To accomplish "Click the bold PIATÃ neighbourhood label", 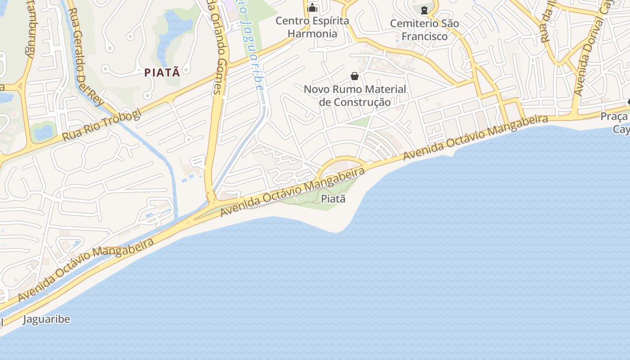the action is click(162, 72).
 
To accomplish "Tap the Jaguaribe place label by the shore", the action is click(46, 319).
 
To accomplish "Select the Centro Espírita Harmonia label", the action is click(312, 27).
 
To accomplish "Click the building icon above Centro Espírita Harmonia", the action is click(312, 8).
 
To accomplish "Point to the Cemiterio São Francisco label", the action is click(424, 30).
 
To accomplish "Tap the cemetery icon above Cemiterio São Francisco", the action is click(424, 9).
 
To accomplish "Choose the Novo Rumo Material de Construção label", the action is click(355, 95).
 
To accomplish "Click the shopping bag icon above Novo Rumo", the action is click(355, 76).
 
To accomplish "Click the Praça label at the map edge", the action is click(614, 117).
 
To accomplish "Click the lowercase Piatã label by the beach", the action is click(334, 198).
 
